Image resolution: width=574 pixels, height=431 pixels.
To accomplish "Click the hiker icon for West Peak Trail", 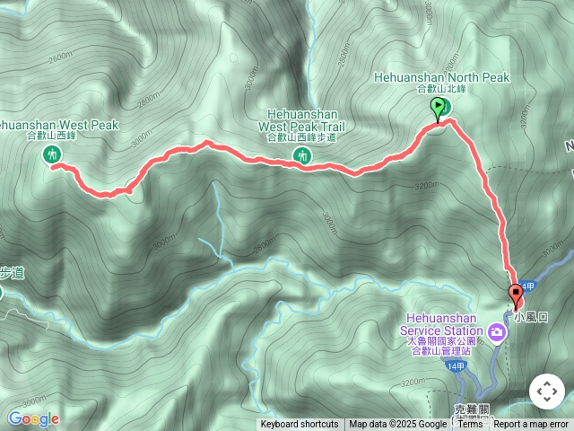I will tap(301, 157).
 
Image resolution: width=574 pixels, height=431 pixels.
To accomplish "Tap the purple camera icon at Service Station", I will tap(499, 334).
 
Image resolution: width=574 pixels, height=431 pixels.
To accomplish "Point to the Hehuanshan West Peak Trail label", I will tap(302, 120).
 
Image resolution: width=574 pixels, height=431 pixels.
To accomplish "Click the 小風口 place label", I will tap(531, 317).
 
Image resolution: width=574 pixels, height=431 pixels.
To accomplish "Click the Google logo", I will tap(33, 418).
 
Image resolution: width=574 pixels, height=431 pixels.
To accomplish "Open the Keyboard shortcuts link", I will tap(300, 425).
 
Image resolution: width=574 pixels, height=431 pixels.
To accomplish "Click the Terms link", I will tap(470, 425).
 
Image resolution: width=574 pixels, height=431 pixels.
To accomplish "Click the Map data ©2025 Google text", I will tap(397, 425).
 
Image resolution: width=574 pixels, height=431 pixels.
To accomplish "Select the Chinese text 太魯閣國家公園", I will tap(436, 340).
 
